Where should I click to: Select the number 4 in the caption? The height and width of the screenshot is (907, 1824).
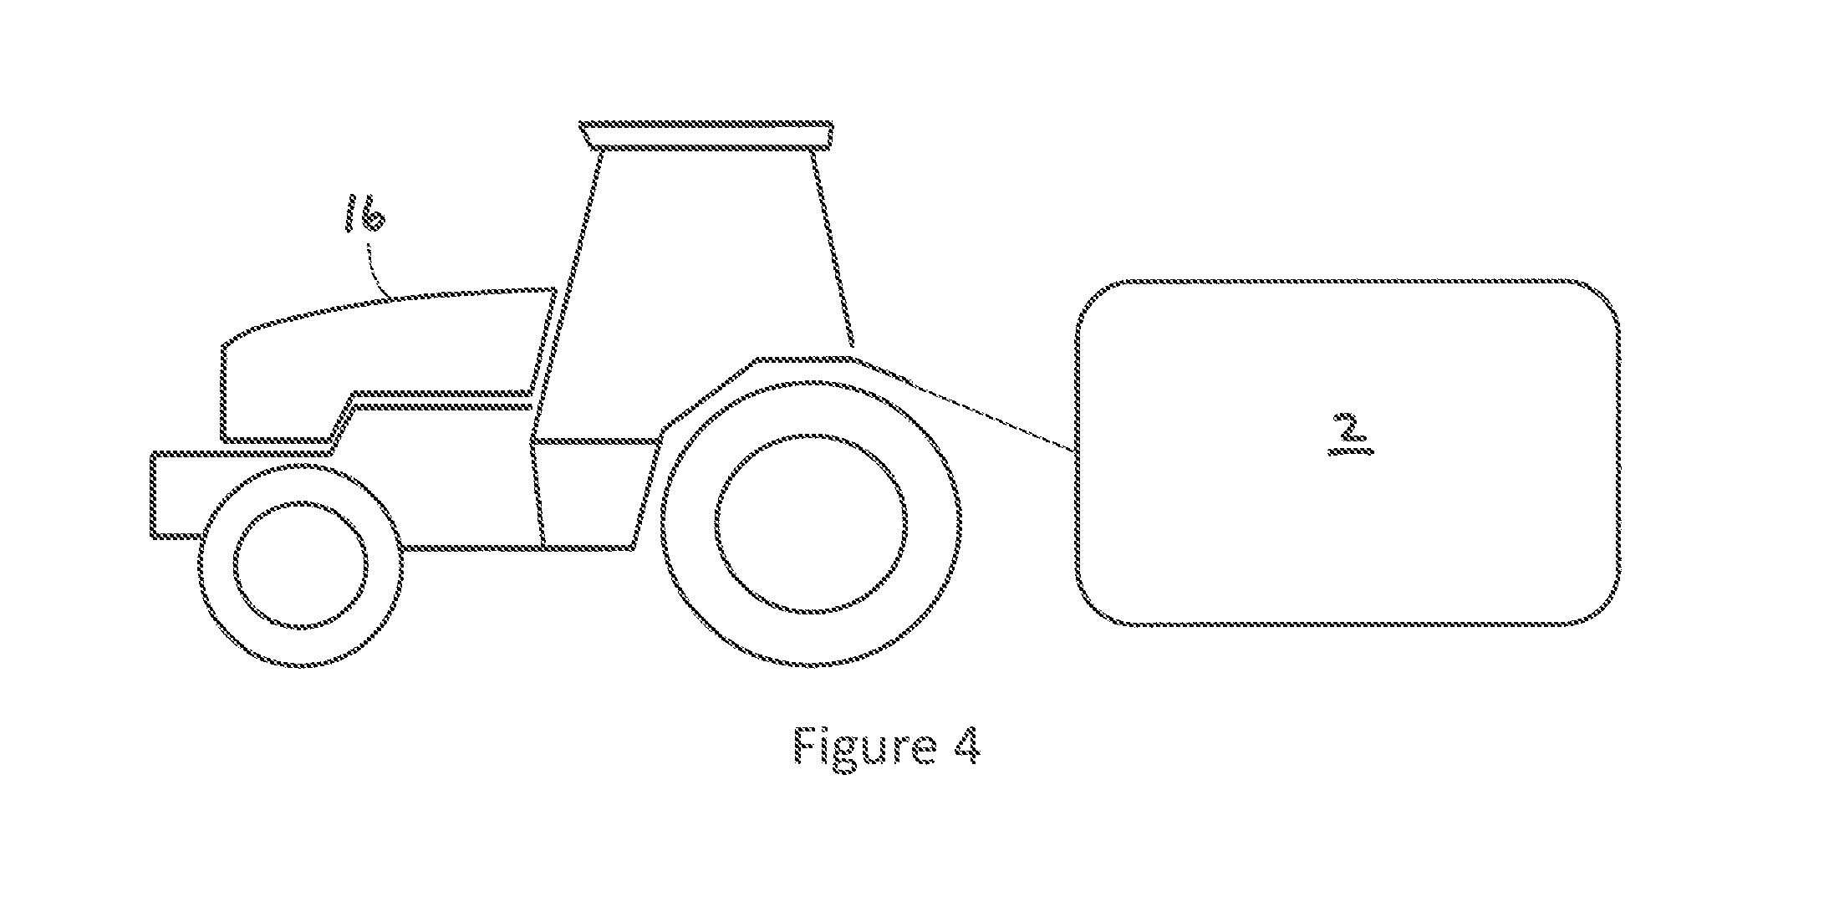tap(965, 745)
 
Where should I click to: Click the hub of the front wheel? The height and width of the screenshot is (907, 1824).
tap(301, 566)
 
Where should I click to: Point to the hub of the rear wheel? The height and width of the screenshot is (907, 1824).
tap(811, 522)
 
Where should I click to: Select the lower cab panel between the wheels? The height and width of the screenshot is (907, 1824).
tap(594, 493)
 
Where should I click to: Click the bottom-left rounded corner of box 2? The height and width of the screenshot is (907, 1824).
tap(1094, 607)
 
